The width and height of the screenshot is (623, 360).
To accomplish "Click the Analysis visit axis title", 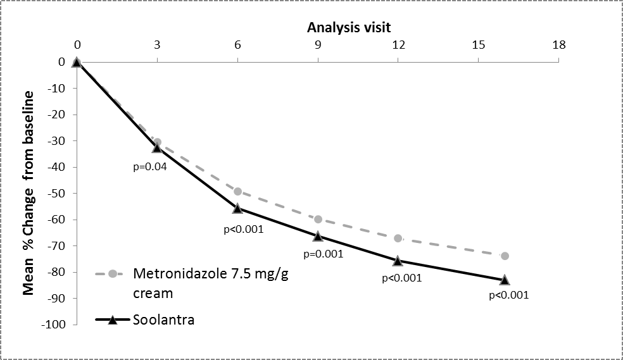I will (x=349, y=27).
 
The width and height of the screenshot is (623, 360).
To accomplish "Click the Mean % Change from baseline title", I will (x=28, y=194).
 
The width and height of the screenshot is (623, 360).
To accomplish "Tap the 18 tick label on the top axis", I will (x=558, y=45).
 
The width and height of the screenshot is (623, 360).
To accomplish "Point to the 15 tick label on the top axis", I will (x=478, y=45).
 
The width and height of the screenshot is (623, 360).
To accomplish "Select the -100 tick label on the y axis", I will (x=54, y=325).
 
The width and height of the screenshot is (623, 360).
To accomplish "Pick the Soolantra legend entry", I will (x=163, y=320).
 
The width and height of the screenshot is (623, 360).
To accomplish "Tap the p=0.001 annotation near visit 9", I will (x=324, y=254).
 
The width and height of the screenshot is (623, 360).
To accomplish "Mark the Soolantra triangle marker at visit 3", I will (x=157, y=147).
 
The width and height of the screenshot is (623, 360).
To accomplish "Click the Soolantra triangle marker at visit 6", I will (x=237, y=208).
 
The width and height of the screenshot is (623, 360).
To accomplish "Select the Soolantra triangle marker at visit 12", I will (x=398, y=260).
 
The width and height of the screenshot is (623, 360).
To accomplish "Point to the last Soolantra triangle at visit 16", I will (x=505, y=279).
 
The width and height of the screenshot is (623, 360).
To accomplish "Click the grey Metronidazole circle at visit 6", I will (x=237, y=191).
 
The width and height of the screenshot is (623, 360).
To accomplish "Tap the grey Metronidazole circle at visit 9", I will (x=318, y=219).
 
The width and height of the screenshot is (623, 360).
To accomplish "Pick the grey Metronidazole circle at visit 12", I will (x=398, y=238).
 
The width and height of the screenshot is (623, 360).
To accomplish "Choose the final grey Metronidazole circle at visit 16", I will (x=505, y=256).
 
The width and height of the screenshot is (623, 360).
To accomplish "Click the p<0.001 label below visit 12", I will (x=402, y=277).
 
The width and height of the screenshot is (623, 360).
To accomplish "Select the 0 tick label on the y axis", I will (x=62, y=62).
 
